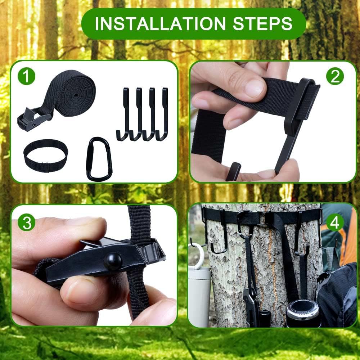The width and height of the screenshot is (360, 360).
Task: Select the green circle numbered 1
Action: [27, 77]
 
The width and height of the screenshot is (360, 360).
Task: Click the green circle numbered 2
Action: [335, 76]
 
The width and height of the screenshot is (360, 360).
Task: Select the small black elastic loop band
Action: [45, 155]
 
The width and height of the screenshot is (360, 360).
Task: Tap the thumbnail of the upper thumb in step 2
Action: [255, 87]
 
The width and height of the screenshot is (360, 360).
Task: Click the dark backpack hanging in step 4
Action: [337, 292]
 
